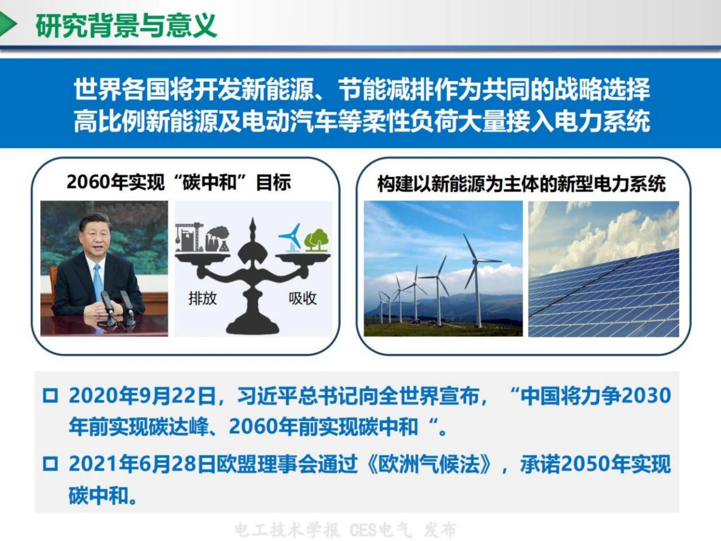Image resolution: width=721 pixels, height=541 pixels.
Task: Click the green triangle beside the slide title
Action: (7, 24)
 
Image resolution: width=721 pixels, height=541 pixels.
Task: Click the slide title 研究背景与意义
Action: (127, 25)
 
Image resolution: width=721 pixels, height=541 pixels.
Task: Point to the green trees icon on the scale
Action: (316, 240)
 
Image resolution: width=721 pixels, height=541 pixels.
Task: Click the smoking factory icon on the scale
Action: (217, 240)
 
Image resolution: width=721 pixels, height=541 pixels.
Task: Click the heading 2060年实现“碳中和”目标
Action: (179, 183)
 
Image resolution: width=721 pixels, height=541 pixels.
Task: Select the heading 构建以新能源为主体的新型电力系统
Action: (521, 184)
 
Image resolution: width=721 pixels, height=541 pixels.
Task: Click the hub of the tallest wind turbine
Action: (476, 261)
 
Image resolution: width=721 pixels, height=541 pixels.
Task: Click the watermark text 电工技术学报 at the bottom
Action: (287, 530)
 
